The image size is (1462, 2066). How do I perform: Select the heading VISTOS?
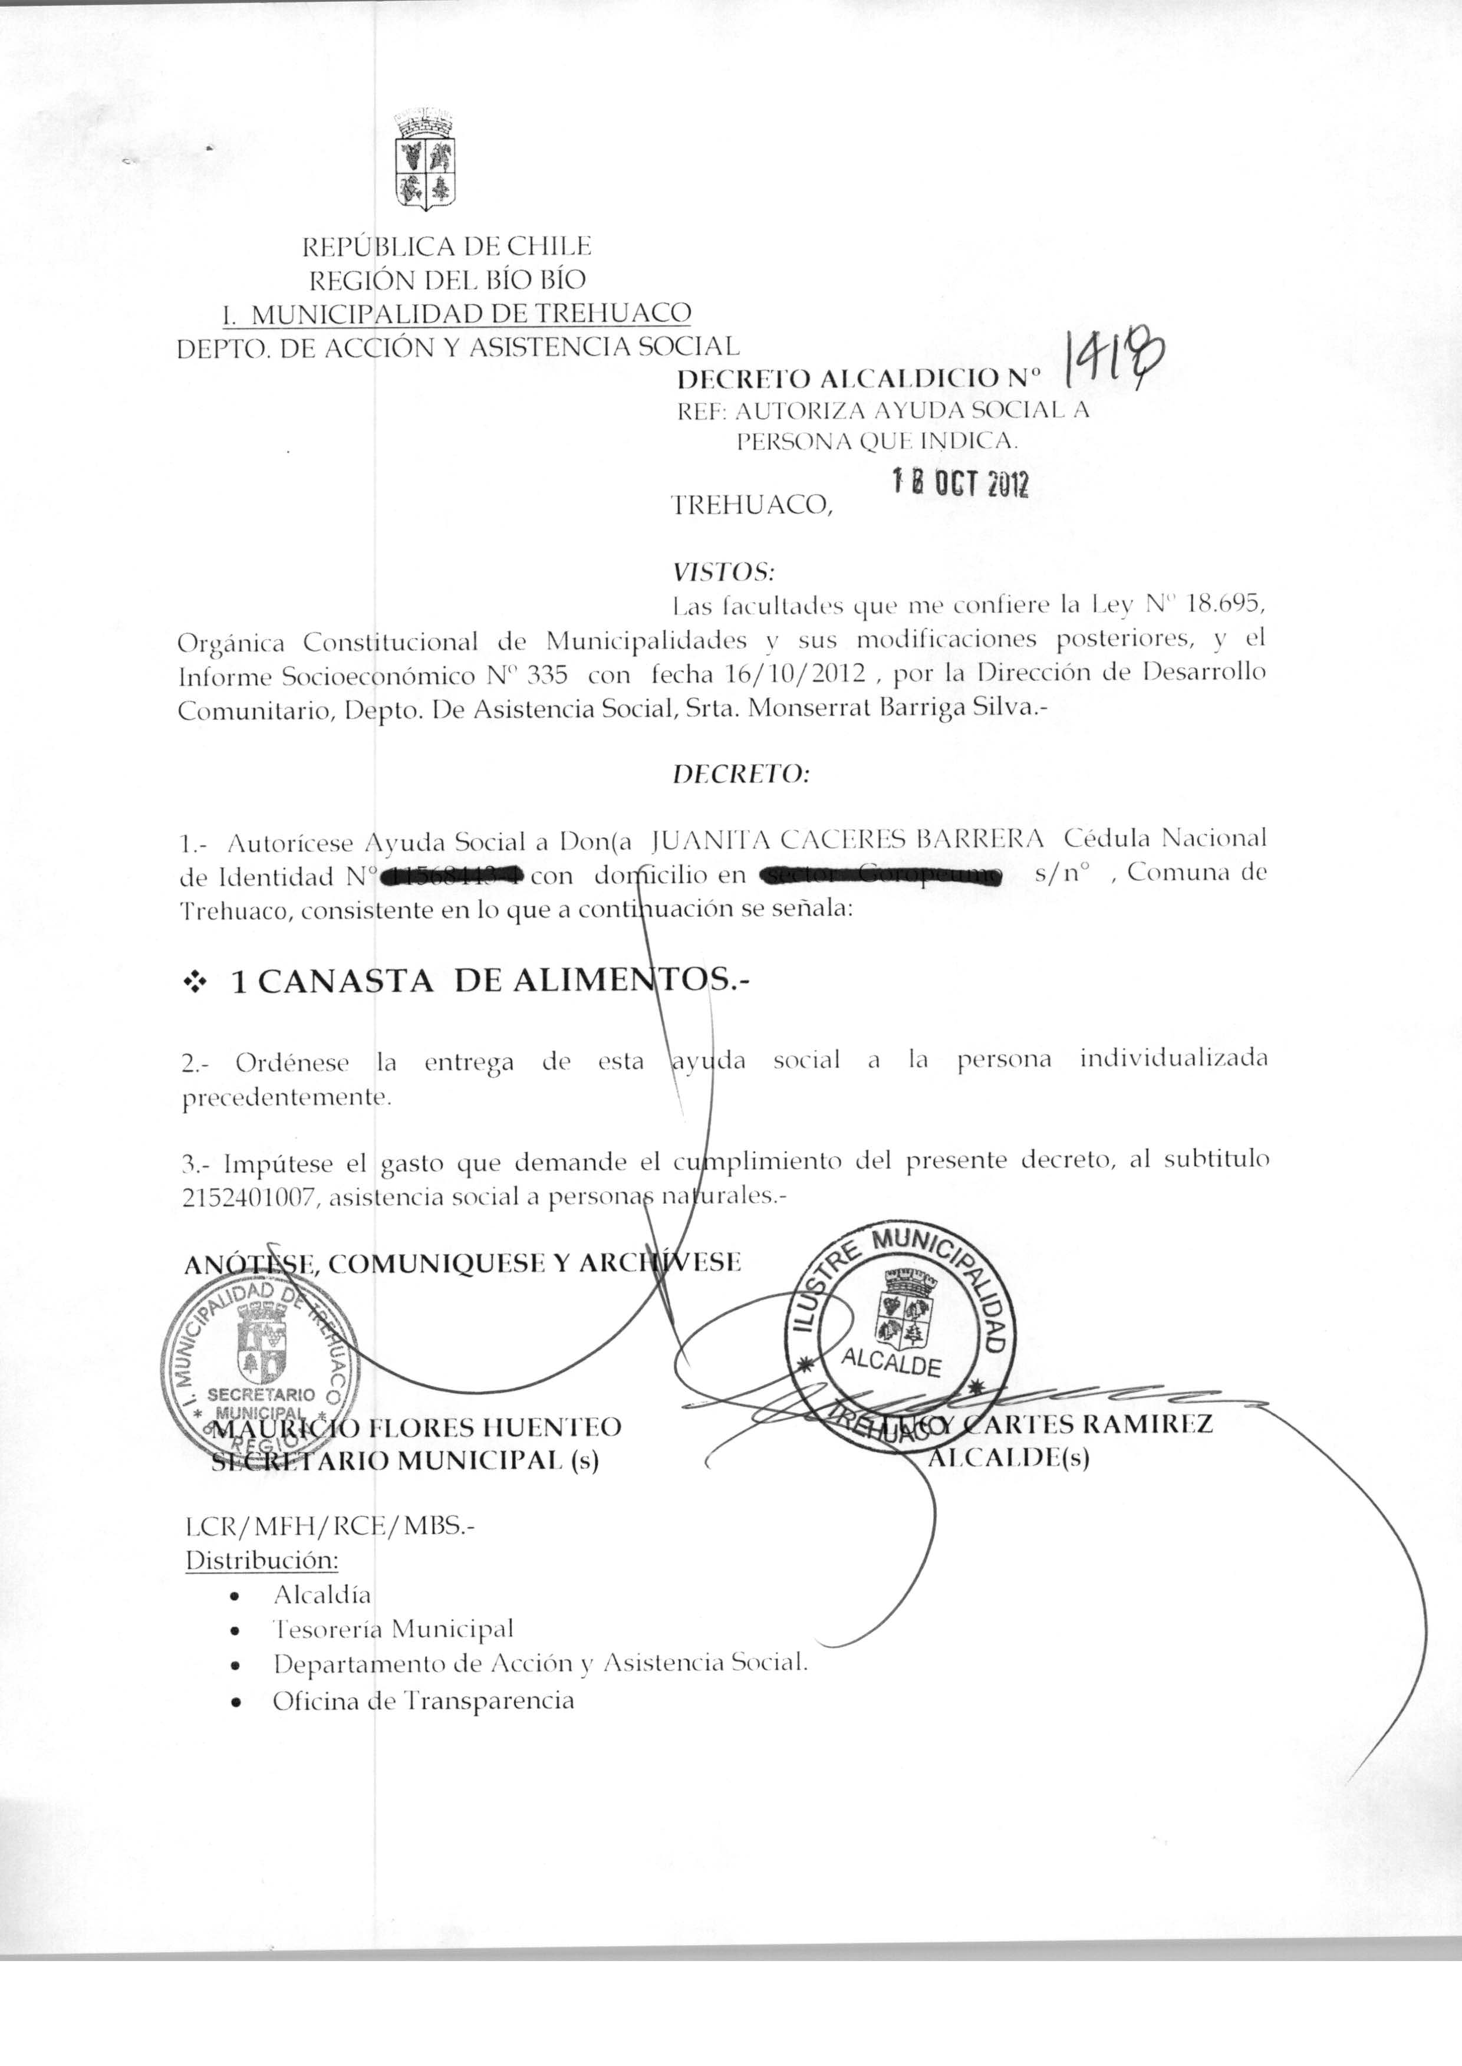pyautogui.click(x=723, y=572)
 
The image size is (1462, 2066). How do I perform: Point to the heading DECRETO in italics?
pyautogui.click(x=741, y=774)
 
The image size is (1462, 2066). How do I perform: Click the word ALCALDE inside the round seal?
pyautogui.click(x=890, y=1364)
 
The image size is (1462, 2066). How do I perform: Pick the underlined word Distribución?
pyautogui.click(x=261, y=1559)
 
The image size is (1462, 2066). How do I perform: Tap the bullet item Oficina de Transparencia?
pyautogui.click(x=423, y=1700)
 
